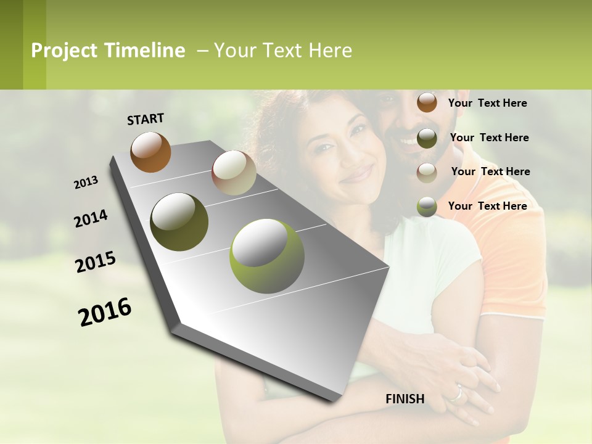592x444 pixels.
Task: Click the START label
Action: click(x=146, y=119)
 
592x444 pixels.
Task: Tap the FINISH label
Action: click(x=405, y=399)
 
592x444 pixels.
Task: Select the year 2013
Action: click(x=86, y=183)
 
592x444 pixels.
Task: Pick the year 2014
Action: click(x=91, y=219)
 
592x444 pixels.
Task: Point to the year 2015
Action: click(x=96, y=262)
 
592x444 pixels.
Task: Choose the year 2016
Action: click(x=105, y=311)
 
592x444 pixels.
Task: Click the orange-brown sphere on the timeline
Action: click(x=150, y=152)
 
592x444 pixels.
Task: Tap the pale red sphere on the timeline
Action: click(x=234, y=173)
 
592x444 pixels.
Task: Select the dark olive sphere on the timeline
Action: click(x=179, y=221)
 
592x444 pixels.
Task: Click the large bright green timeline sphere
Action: click(x=266, y=255)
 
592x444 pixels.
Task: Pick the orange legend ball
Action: click(x=427, y=102)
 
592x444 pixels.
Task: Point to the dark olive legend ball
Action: click(x=427, y=138)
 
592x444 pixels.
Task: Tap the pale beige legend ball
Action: click(x=427, y=172)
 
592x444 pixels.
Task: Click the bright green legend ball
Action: click(x=427, y=207)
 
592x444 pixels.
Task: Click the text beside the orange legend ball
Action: click(x=487, y=103)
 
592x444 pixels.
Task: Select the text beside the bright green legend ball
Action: click(x=487, y=206)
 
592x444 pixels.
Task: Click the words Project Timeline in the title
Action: click(x=108, y=51)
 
